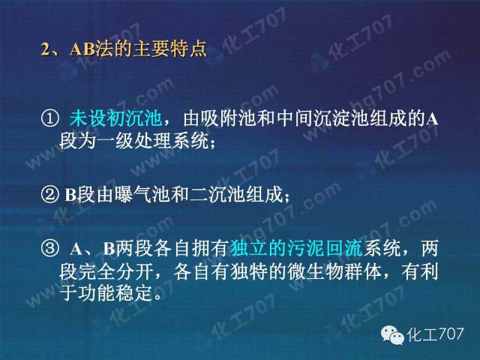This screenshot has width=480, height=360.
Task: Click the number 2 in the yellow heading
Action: point(45,49)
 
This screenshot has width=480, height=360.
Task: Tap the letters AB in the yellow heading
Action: point(82,49)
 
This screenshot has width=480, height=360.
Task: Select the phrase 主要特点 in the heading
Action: point(169,49)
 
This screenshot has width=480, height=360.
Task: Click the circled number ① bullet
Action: point(49,118)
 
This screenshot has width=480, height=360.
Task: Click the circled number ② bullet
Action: point(49,194)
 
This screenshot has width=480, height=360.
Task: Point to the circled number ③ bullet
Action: point(49,248)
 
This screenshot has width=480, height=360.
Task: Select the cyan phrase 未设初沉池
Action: point(115,118)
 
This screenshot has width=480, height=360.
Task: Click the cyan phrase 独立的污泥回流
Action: point(296,248)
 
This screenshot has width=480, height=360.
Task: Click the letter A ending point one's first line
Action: point(432,119)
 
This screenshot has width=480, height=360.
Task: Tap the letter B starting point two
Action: point(70,195)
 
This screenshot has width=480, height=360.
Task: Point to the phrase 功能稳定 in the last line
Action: point(115,293)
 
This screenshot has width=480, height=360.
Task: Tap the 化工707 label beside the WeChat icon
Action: point(435,334)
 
